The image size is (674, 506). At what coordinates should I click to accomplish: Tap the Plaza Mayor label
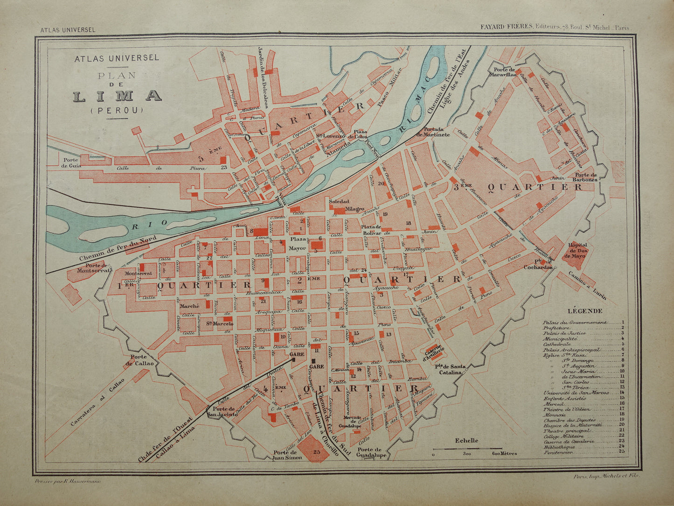click(x=298, y=243)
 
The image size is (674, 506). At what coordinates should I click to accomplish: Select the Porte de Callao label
click(x=139, y=360)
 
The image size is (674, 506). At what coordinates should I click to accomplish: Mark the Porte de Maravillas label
click(x=502, y=72)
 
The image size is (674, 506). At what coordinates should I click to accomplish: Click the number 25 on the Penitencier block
click(x=317, y=451)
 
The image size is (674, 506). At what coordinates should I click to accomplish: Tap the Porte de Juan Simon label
click(x=285, y=455)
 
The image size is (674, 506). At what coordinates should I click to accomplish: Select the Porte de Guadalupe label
click(x=371, y=452)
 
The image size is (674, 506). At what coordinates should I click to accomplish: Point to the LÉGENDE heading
click(x=585, y=311)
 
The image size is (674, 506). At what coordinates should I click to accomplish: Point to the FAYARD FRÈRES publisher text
click(x=507, y=27)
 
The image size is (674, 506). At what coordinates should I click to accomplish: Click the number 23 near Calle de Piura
click(x=224, y=167)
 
